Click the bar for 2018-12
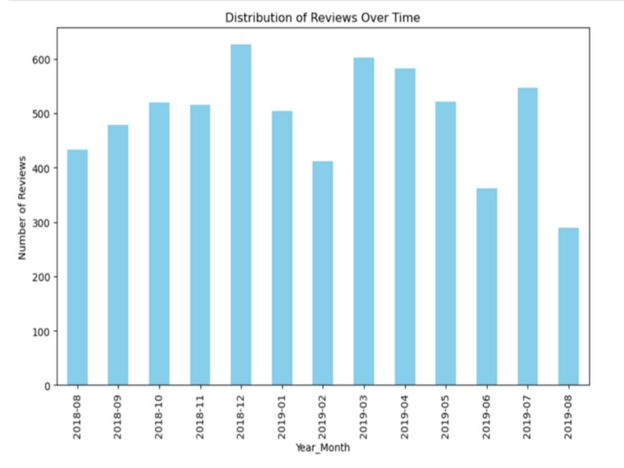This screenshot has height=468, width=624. (x=241, y=215)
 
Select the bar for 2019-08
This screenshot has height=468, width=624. (x=568, y=306)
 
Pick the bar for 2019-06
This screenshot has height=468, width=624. (x=487, y=286)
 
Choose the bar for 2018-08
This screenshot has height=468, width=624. (x=77, y=267)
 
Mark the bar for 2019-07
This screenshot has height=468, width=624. (x=527, y=236)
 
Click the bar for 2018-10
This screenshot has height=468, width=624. (x=159, y=243)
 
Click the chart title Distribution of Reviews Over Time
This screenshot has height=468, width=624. (x=323, y=18)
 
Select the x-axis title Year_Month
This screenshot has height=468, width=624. (x=323, y=447)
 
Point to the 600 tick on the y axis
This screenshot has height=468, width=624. (x=42, y=60)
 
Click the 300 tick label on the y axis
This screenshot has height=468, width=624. (x=42, y=223)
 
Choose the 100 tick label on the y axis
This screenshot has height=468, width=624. (x=42, y=331)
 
